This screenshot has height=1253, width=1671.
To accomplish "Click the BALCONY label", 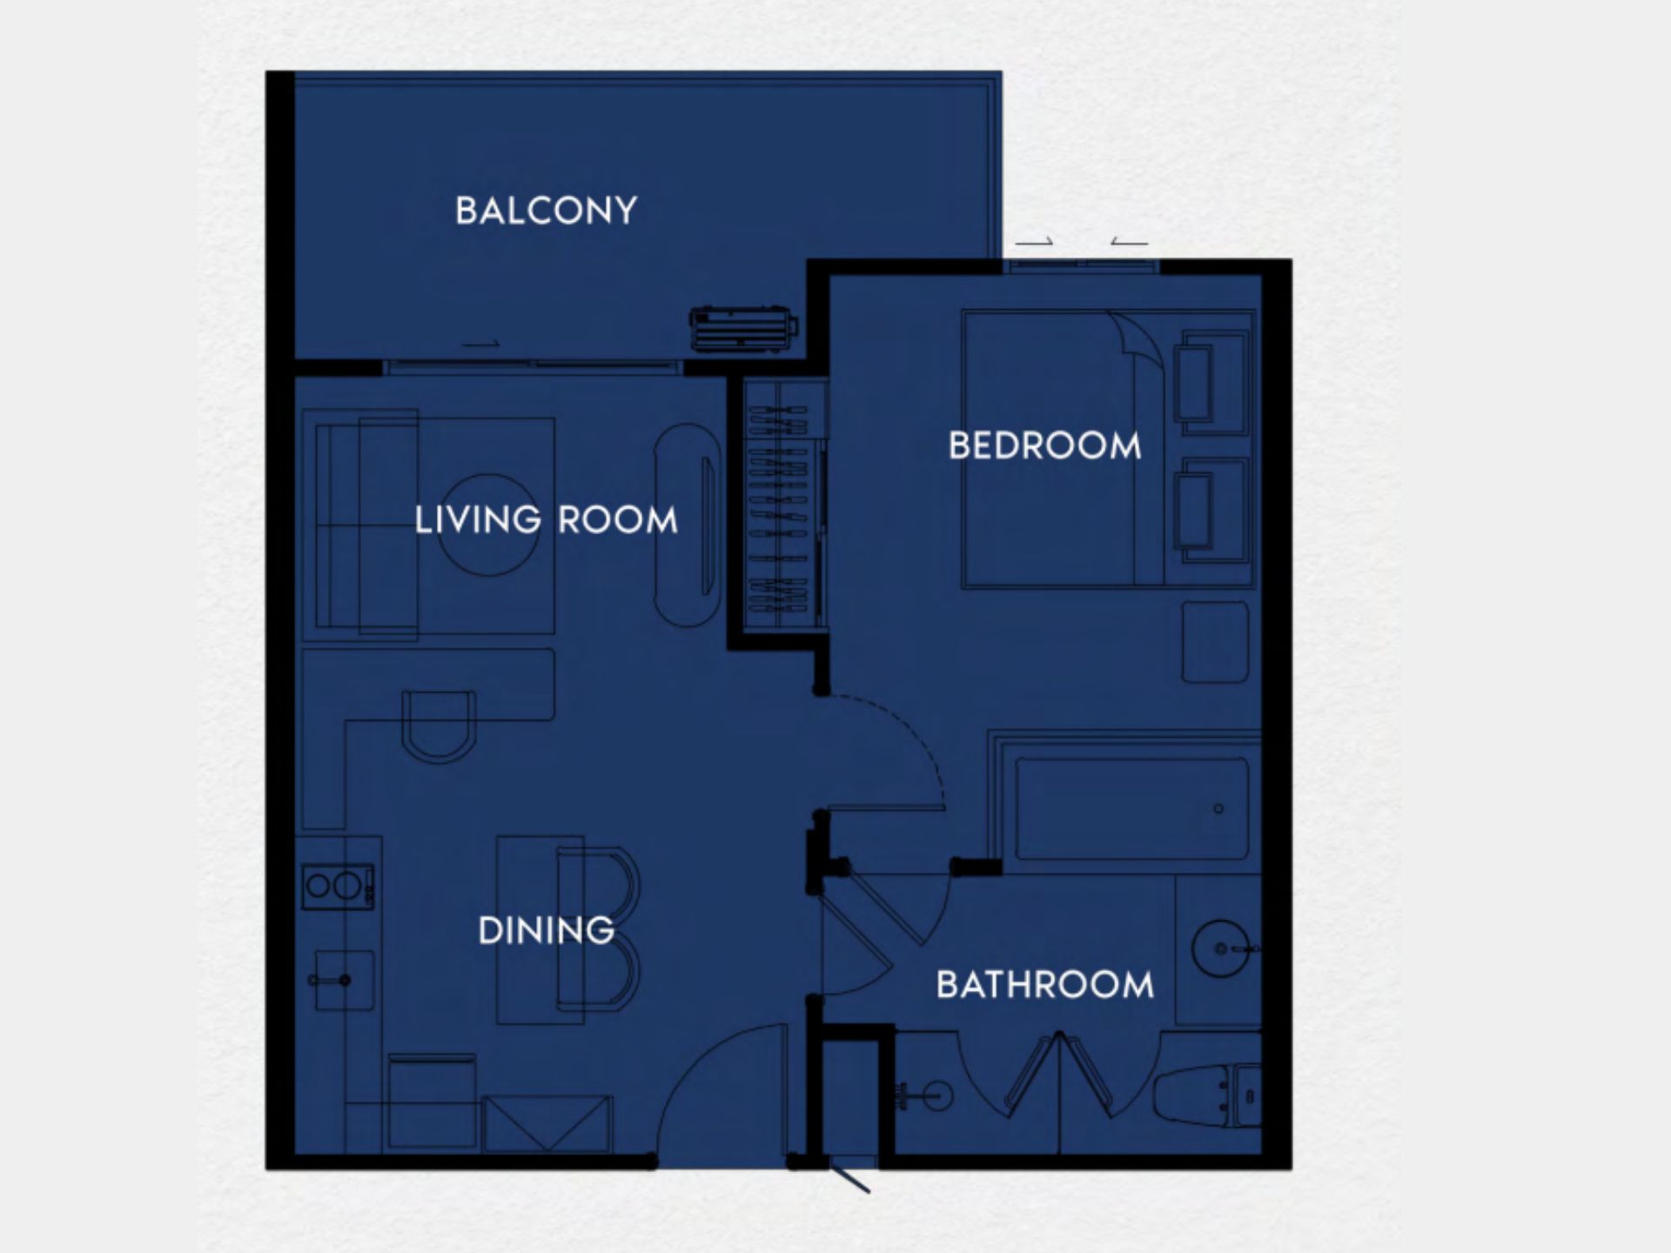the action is point(546,211).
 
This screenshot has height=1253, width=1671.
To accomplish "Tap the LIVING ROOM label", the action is point(546,520).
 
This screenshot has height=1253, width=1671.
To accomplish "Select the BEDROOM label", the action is point(1044,446).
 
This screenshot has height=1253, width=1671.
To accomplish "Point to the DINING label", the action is point(546,930).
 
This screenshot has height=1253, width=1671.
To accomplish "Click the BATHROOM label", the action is point(1045,985).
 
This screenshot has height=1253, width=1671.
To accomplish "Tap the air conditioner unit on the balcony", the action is point(743,329).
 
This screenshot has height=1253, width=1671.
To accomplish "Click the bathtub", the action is point(1131,808).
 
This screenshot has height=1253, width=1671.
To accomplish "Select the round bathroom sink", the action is point(1221,948).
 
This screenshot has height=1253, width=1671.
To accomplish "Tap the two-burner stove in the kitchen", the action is point(338,886).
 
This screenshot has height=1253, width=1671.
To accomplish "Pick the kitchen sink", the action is point(345,980).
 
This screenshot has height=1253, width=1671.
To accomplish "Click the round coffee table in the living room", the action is point(487,525).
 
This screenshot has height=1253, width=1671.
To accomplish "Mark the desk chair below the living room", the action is point(439,727).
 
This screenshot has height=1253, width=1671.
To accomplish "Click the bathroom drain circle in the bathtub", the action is point(1218,808).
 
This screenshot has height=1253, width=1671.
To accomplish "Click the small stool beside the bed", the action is point(1215,642).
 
